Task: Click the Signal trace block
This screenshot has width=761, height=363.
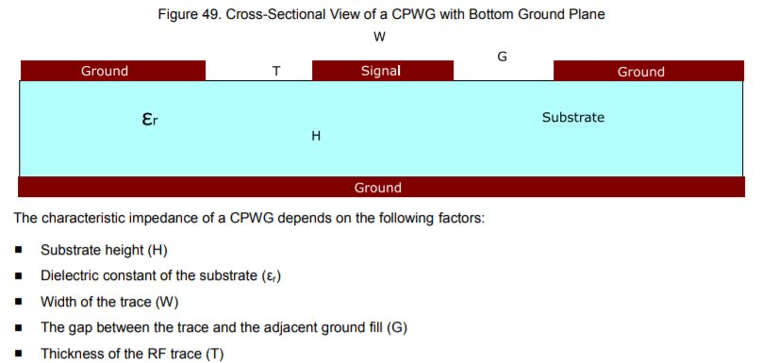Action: click(x=382, y=71)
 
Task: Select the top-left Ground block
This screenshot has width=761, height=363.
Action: click(x=112, y=71)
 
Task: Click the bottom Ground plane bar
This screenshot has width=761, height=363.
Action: click(x=377, y=187)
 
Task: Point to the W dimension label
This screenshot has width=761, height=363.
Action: click(x=379, y=37)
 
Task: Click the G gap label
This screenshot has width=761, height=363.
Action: click(x=503, y=57)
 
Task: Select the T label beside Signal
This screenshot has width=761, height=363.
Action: click(x=276, y=72)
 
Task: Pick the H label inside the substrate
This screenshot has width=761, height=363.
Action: click(x=317, y=137)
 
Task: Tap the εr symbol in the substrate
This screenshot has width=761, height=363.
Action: click(x=149, y=121)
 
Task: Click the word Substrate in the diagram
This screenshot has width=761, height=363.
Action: click(x=572, y=118)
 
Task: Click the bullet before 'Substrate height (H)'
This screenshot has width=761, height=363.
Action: click(x=20, y=251)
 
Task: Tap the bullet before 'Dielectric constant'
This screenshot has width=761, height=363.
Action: click(x=20, y=276)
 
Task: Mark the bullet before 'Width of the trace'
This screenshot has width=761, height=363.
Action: click(x=20, y=302)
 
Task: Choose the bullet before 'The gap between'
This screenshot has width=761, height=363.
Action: click(x=20, y=327)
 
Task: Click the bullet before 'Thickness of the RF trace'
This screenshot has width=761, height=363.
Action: click(x=20, y=354)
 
